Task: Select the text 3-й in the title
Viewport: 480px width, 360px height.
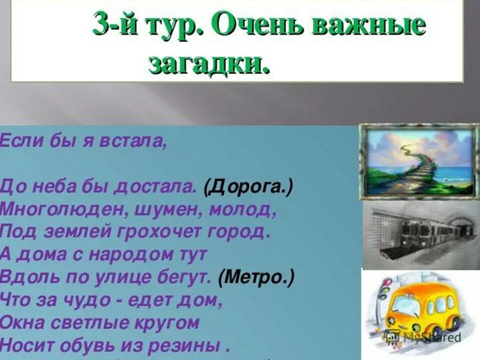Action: coord(113,25)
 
